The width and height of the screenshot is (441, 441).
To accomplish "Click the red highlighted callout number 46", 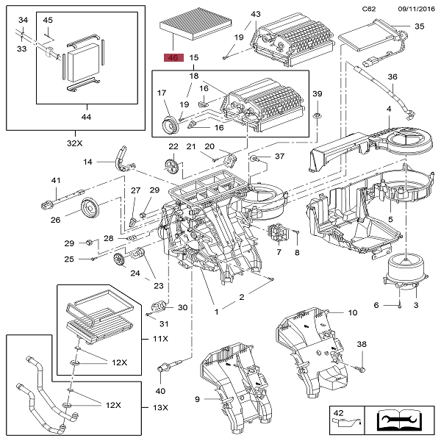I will click(x=173, y=57).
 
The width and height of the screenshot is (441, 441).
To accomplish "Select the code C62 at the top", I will click(x=369, y=8).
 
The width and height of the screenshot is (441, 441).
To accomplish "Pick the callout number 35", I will click(x=420, y=26).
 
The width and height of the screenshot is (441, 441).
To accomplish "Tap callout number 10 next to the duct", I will click(x=353, y=313).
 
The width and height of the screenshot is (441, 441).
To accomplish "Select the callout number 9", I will click(x=198, y=399).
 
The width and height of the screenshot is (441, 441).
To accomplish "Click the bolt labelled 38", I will click(x=362, y=365).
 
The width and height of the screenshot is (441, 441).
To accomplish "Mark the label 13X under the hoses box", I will click(x=160, y=408).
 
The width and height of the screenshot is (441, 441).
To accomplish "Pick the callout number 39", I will click(x=318, y=93).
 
